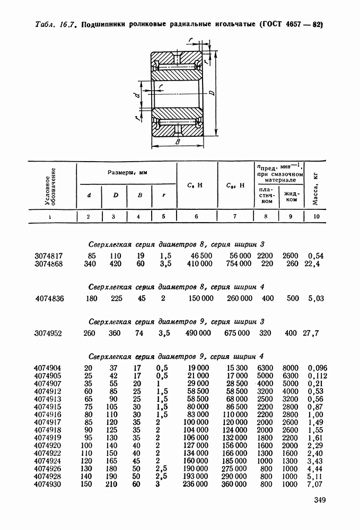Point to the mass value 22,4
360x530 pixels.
tap(315, 264)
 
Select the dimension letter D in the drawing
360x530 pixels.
tap(212, 94)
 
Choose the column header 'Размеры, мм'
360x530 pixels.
tap(127, 172)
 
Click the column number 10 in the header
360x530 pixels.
tap(317, 216)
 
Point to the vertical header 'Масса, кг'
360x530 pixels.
tap(317, 186)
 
